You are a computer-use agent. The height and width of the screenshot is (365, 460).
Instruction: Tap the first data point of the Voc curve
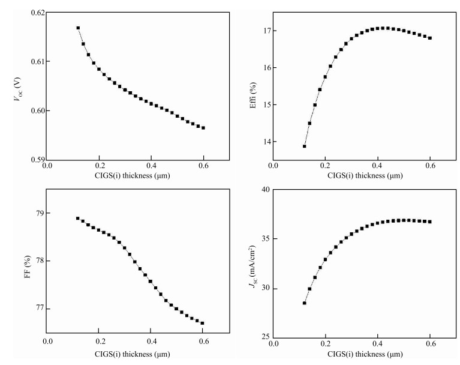(x=78, y=28)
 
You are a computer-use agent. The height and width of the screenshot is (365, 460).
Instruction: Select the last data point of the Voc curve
(x=203, y=128)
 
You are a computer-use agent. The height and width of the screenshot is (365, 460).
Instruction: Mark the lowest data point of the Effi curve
(x=305, y=146)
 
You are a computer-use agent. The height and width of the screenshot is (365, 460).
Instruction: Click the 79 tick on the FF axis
(x=37, y=213)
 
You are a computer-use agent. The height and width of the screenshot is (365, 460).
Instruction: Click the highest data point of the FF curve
(x=78, y=219)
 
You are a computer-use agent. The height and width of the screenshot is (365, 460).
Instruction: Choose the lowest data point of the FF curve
(x=203, y=323)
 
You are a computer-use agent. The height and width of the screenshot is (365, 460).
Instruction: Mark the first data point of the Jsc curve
(x=305, y=303)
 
